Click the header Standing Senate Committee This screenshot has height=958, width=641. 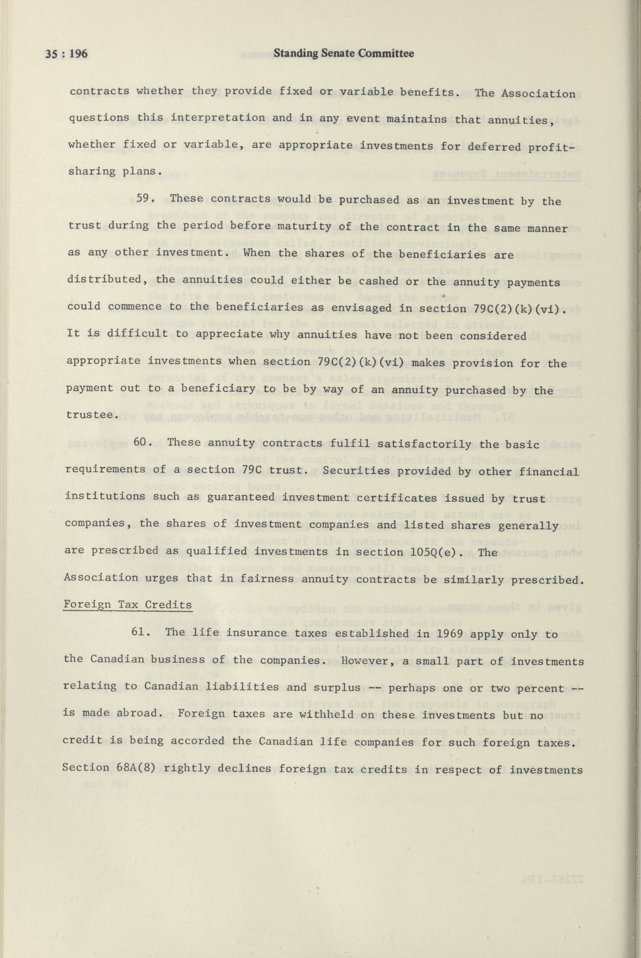coord(344,54)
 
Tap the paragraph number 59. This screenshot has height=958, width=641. coord(146,199)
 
